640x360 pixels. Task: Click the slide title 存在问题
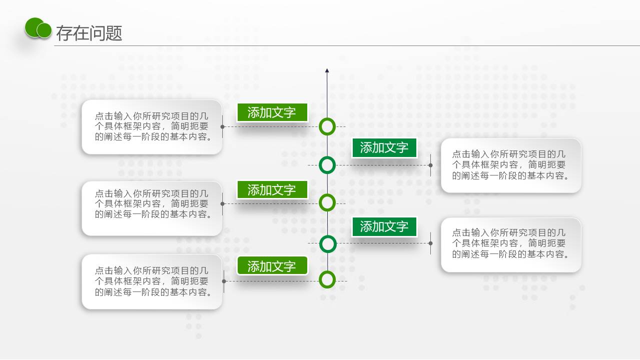(x=89, y=33)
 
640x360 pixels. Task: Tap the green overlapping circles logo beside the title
(x=39, y=28)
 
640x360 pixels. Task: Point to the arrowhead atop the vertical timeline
(x=327, y=70)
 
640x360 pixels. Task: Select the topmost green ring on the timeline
(x=327, y=126)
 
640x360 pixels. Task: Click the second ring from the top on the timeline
(x=327, y=165)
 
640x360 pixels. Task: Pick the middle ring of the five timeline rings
(x=327, y=203)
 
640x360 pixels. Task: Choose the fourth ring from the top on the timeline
(x=327, y=244)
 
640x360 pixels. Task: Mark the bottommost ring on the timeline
(x=327, y=280)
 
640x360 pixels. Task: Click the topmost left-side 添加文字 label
(x=272, y=112)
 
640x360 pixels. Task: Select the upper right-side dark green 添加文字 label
(x=384, y=147)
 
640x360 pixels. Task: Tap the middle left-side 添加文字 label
(x=272, y=190)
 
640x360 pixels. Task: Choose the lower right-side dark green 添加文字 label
(x=384, y=226)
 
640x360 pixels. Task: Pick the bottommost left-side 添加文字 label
(x=272, y=266)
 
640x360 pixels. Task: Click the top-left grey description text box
(x=152, y=126)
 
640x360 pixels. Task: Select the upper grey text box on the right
(x=511, y=165)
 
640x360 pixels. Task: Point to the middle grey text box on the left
(x=152, y=208)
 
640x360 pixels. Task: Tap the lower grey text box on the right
(x=511, y=244)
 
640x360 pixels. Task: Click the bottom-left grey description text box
(x=152, y=281)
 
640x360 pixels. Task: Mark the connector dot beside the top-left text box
(x=223, y=126)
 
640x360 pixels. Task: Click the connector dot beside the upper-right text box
(x=430, y=165)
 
